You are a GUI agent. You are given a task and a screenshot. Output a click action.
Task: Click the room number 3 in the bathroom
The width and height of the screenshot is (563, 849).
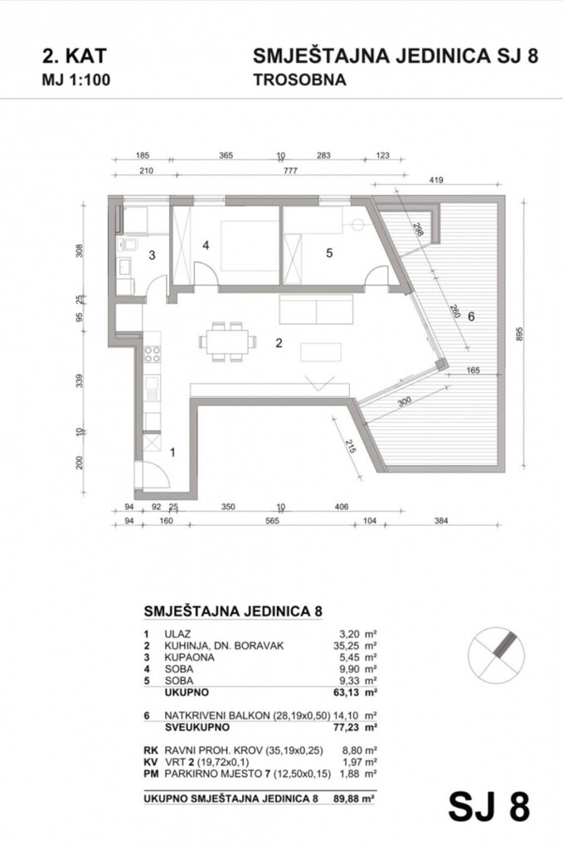(152, 255)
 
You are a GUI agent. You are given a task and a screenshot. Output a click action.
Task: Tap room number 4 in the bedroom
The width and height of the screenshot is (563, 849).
(206, 245)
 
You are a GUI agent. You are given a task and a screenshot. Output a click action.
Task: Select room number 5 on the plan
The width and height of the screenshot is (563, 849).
(329, 254)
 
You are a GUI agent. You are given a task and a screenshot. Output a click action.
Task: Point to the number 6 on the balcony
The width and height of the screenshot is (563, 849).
(471, 316)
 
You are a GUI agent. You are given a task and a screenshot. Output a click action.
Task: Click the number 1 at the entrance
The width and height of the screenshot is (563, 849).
(172, 452)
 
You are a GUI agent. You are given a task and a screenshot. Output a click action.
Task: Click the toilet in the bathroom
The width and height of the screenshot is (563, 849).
(129, 244)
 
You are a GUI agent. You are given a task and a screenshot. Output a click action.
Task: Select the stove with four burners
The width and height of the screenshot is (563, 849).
(153, 355)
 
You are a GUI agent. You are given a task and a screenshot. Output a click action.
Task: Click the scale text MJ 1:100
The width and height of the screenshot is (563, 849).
(75, 80)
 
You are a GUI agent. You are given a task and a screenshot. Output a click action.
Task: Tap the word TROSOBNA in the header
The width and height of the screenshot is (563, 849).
(299, 80)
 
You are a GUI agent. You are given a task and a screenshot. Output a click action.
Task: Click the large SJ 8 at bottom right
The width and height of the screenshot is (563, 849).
(488, 805)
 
